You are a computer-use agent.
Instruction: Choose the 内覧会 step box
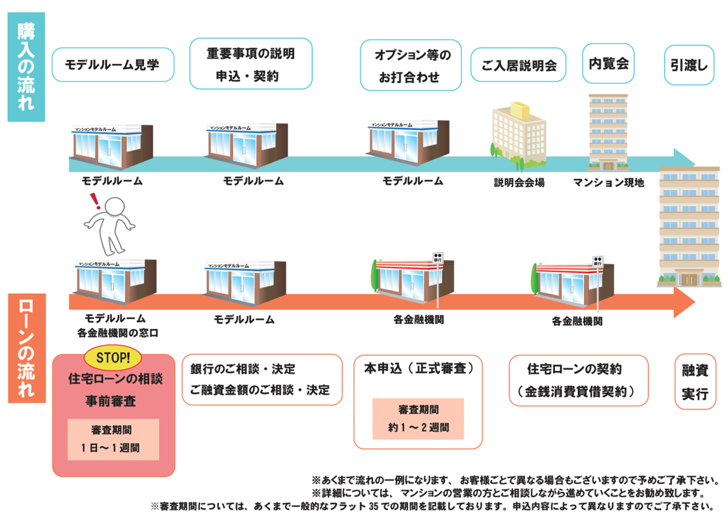pos(608,63)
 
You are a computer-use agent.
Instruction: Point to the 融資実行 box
pos(695,382)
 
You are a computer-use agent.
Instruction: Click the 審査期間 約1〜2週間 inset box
pos(418,418)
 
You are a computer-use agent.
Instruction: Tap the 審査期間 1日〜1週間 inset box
pos(113,439)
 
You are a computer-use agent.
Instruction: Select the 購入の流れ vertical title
pos(25,66)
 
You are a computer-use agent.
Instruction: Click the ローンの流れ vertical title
pos(26,348)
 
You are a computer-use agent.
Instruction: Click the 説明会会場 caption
pos(519,182)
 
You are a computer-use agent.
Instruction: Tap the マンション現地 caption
pos(608,182)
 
